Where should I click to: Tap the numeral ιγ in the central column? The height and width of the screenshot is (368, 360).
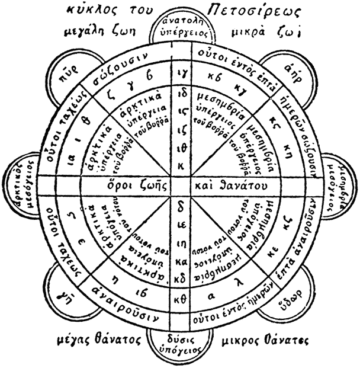181,74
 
